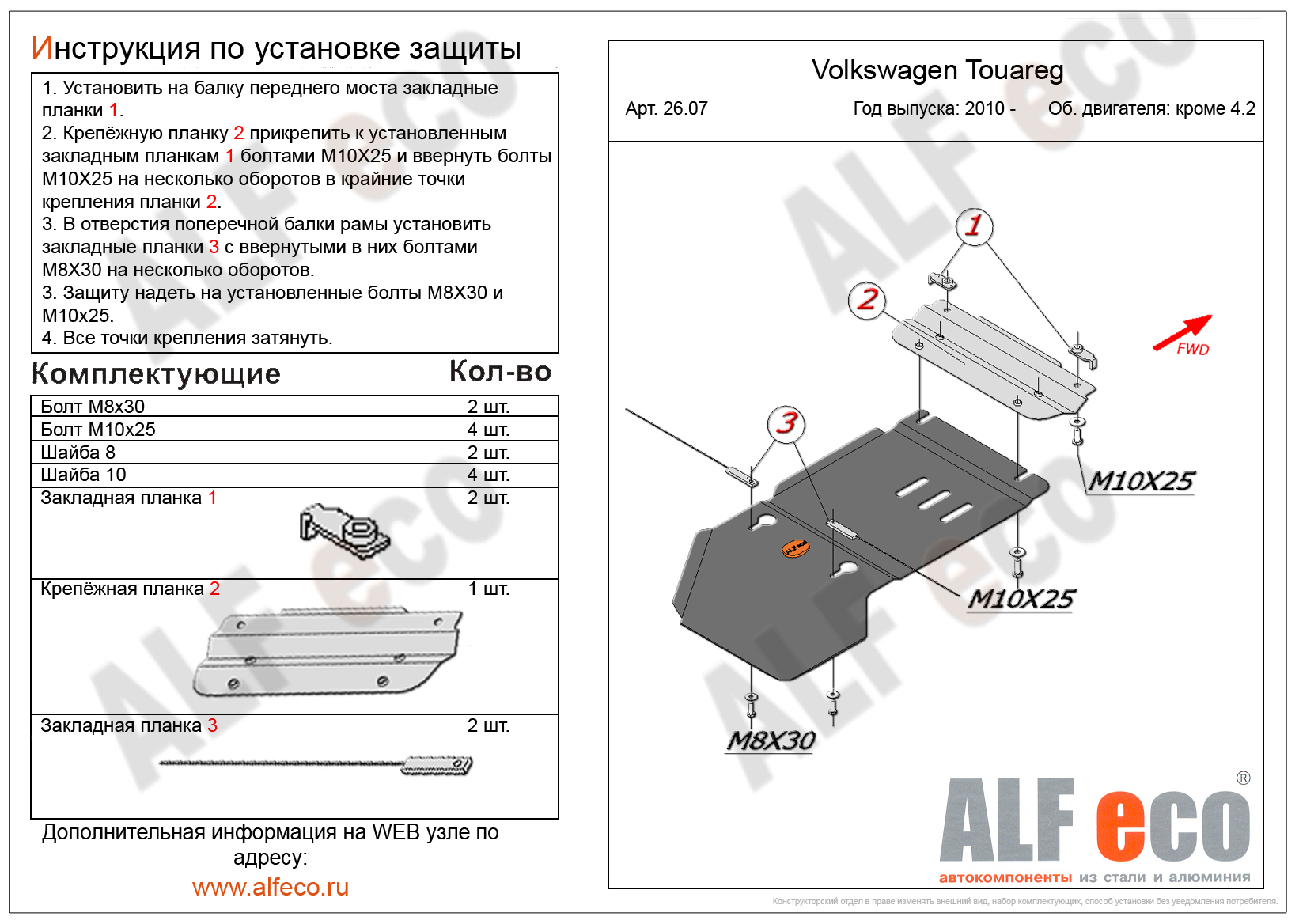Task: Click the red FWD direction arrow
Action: click(x=1182, y=332)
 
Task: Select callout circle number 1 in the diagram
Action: click(x=974, y=226)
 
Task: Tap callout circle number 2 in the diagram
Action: click(x=867, y=300)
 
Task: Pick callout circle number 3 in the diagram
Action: click(x=786, y=423)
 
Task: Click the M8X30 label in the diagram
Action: click(x=771, y=741)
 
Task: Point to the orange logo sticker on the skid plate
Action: click(x=795, y=547)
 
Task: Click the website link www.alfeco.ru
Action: click(x=271, y=887)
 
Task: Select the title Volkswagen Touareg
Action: click(x=937, y=70)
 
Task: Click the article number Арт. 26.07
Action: click(x=666, y=108)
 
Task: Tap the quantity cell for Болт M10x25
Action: click(x=488, y=430)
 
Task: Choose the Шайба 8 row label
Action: click(x=78, y=453)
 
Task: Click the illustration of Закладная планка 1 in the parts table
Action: click(x=344, y=531)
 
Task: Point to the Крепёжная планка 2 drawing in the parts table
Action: click(x=328, y=652)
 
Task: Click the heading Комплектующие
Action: click(x=156, y=373)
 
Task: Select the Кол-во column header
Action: click(x=500, y=371)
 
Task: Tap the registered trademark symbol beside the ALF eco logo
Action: click(x=1243, y=778)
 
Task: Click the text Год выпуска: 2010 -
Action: click(x=934, y=108)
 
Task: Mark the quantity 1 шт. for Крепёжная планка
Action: click(x=488, y=589)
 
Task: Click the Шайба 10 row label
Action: click(x=83, y=475)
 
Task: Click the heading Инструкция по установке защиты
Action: click(x=276, y=48)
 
